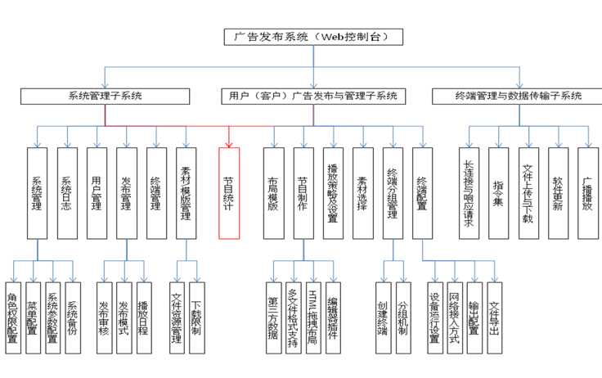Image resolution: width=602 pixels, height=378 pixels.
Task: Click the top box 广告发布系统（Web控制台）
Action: (314, 37)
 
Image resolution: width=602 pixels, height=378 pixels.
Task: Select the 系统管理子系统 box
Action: (105, 96)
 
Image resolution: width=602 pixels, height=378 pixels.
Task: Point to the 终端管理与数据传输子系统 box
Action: (518, 96)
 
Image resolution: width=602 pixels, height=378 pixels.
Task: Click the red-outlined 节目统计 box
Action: (230, 193)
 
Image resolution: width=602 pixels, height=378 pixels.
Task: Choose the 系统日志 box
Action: (67, 193)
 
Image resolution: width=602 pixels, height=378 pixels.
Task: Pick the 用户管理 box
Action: (97, 193)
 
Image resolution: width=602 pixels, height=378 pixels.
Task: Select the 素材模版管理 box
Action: (186, 193)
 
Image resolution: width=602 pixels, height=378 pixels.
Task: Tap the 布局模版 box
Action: (273, 193)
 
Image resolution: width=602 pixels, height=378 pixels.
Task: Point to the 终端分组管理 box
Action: (392, 193)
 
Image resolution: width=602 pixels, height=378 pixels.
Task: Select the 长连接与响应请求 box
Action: (469, 193)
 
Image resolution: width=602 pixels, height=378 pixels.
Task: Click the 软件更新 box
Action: (557, 193)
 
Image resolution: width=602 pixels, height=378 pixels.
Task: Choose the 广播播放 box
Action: (586, 193)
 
